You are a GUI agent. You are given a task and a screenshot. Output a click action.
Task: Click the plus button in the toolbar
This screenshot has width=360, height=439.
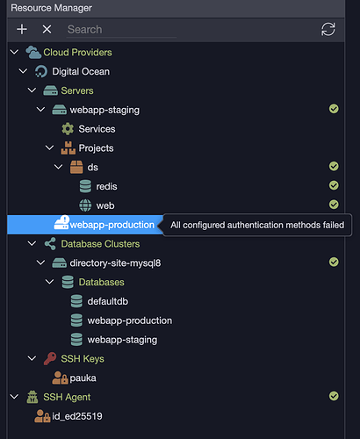click(22, 29)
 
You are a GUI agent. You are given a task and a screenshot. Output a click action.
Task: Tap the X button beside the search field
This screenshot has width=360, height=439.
click(47, 29)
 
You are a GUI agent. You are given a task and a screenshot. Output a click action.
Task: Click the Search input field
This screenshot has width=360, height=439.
click(121, 30)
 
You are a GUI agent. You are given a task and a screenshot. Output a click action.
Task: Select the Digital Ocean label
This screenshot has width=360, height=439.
click(81, 71)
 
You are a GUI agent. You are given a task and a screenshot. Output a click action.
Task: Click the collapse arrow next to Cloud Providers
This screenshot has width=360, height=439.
click(14, 52)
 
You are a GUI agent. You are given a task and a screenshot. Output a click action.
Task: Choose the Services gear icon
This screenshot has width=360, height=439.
click(68, 129)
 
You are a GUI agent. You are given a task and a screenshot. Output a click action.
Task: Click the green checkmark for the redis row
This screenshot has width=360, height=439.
click(334, 185)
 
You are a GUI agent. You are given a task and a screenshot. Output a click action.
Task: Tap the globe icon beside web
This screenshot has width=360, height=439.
click(85, 205)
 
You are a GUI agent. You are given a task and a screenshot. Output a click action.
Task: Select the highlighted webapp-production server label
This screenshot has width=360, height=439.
click(112, 225)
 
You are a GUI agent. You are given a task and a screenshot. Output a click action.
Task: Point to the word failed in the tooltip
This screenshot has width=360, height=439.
click(334, 225)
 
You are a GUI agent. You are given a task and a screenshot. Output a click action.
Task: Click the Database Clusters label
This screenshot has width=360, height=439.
click(100, 244)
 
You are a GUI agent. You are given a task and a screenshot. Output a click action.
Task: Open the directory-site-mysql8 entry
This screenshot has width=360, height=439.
click(115, 263)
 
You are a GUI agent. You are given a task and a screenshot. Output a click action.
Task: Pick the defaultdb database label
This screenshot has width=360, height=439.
click(108, 301)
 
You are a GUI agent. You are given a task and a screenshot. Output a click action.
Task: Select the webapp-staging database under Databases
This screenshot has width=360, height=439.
click(122, 340)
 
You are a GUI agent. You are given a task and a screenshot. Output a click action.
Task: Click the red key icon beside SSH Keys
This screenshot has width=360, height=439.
click(50, 358)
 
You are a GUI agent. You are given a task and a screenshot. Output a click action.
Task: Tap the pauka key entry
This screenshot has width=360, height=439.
click(83, 378)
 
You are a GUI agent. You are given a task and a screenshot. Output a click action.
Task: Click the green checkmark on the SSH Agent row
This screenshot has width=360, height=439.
click(334, 396)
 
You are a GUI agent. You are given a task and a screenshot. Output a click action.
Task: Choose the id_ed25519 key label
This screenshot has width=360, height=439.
click(77, 416)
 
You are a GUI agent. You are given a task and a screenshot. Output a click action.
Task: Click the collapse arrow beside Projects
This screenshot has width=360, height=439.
click(49, 148)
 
